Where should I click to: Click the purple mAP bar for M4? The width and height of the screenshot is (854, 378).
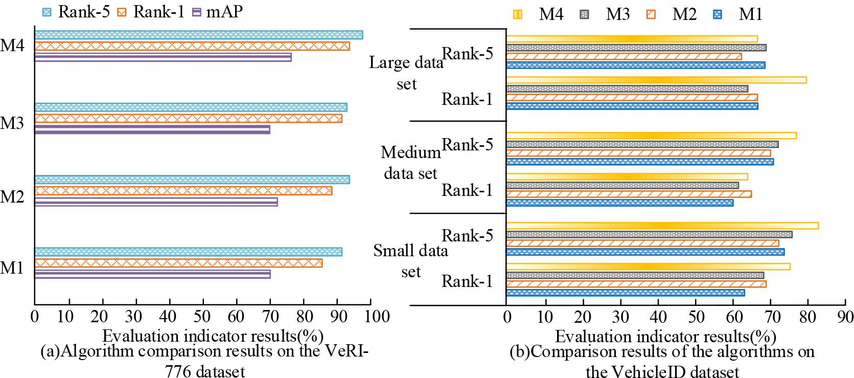click(163, 57)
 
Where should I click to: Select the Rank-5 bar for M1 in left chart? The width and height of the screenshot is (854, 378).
click(188, 252)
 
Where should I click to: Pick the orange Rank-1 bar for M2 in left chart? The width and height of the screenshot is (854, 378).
click(183, 191)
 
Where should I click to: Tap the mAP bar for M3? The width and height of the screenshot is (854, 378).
click(152, 130)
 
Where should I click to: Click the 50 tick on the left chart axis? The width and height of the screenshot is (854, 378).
click(203, 316)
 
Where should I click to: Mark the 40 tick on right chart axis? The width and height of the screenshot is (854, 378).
click(658, 316)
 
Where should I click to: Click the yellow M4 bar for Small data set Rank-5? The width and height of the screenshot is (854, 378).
click(662, 226)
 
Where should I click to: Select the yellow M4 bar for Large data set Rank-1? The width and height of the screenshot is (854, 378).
click(656, 80)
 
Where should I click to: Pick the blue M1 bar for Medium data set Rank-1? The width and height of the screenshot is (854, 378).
click(619, 203)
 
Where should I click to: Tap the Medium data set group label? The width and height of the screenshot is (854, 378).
click(410, 163)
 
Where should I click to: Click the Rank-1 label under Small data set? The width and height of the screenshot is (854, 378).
click(467, 281)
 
